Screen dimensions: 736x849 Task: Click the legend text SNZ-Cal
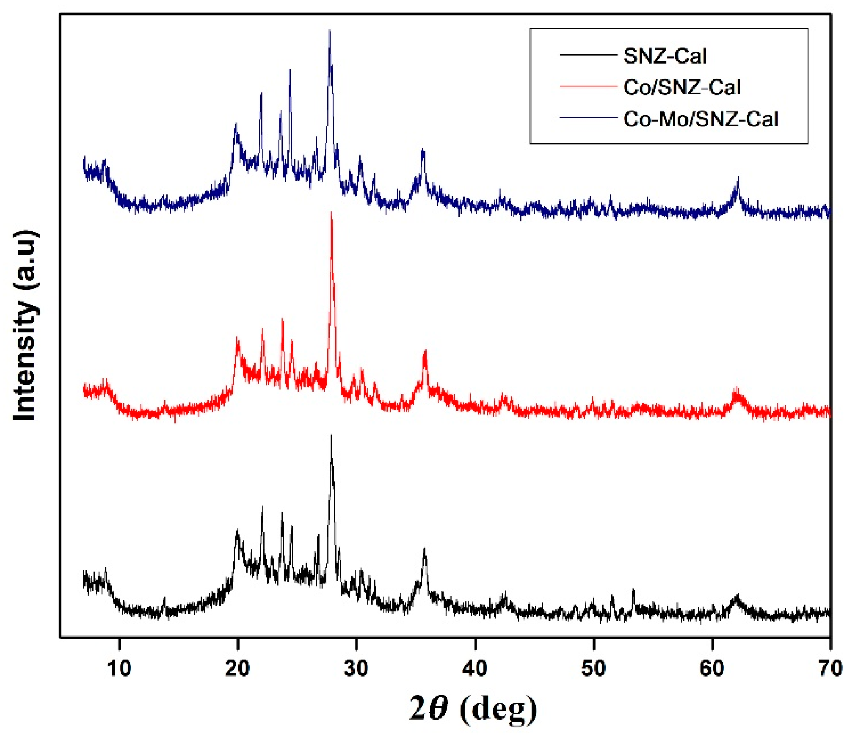[x=665, y=56]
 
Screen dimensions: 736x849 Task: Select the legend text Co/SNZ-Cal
[x=682, y=87]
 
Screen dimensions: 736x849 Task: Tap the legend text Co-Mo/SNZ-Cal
[x=701, y=119]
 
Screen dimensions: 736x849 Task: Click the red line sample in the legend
[x=588, y=86]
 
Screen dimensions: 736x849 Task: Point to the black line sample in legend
[x=588, y=55]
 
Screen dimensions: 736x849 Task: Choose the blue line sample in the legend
[x=588, y=118]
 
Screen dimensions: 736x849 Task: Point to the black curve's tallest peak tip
[x=331, y=435]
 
